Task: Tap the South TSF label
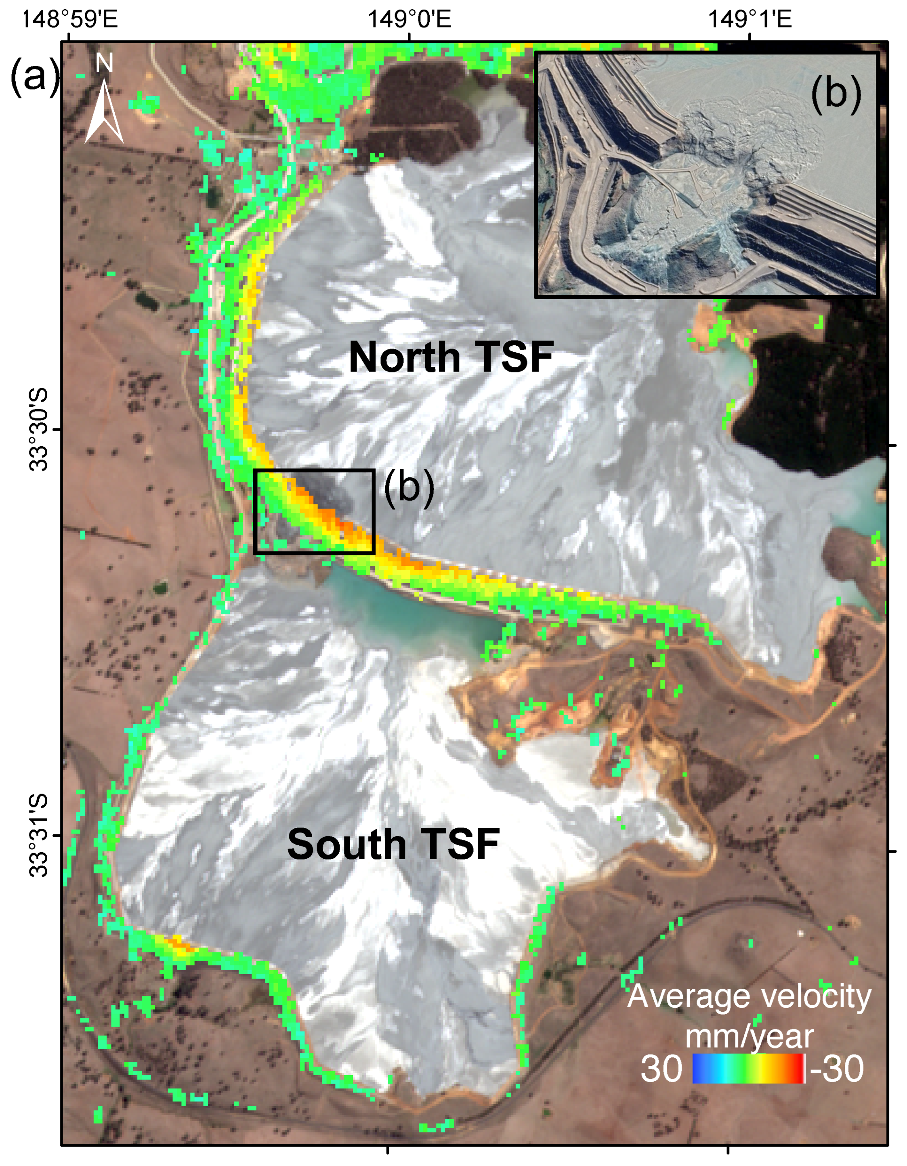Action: pyautogui.click(x=393, y=844)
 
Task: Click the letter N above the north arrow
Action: pyautogui.click(x=104, y=63)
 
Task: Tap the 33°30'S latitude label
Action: pyautogui.click(x=38, y=430)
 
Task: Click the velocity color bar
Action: pyautogui.click(x=748, y=1068)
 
